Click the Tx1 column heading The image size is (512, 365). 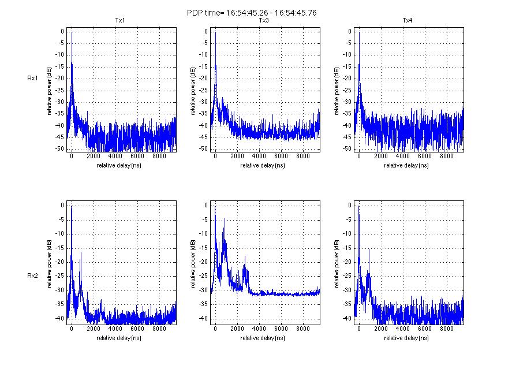(120, 21)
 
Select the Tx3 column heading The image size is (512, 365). (264, 21)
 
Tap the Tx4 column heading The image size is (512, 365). (408, 21)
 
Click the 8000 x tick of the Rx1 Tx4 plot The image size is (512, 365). (446, 156)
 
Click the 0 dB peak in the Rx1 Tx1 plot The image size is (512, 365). (72, 32)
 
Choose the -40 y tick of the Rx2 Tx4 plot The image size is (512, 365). (346, 318)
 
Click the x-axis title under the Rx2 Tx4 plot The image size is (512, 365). (408, 337)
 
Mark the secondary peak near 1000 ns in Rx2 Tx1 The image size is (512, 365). (81, 253)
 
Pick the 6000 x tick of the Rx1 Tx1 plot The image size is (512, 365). (137, 156)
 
